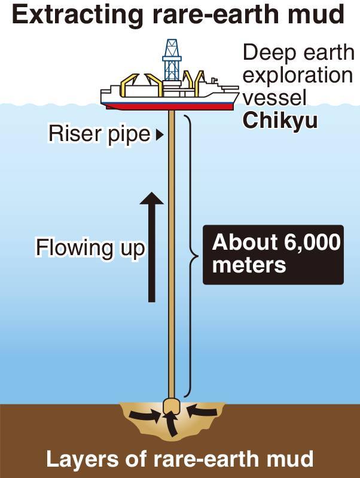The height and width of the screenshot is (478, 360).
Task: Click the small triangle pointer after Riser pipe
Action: tap(159, 135)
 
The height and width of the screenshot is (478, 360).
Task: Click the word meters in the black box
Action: tap(249, 265)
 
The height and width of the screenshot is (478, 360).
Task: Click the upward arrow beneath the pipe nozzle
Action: tap(171, 426)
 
